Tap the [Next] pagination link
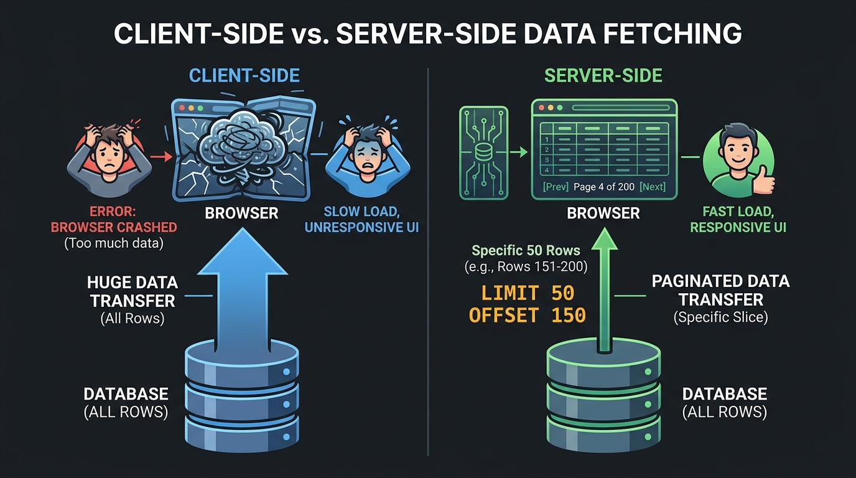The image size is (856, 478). [652, 187]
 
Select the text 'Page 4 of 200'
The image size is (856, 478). [602, 187]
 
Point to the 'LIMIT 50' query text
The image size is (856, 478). [528, 293]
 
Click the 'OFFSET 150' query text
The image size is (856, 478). [528, 315]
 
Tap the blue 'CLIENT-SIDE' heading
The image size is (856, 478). [244, 76]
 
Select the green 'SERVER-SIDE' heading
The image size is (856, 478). [603, 76]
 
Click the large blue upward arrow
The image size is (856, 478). [243, 293]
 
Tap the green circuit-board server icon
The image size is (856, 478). [483, 152]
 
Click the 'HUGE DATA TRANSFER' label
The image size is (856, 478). [132, 292]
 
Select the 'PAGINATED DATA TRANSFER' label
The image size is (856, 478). [720, 290]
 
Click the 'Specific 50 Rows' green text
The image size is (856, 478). [526, 251]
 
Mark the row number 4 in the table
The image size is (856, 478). [546, 169]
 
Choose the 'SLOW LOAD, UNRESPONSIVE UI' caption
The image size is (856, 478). [361, 219]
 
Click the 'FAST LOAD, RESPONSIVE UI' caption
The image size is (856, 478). [738, 219]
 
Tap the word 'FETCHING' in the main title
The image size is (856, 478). [676, 33]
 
